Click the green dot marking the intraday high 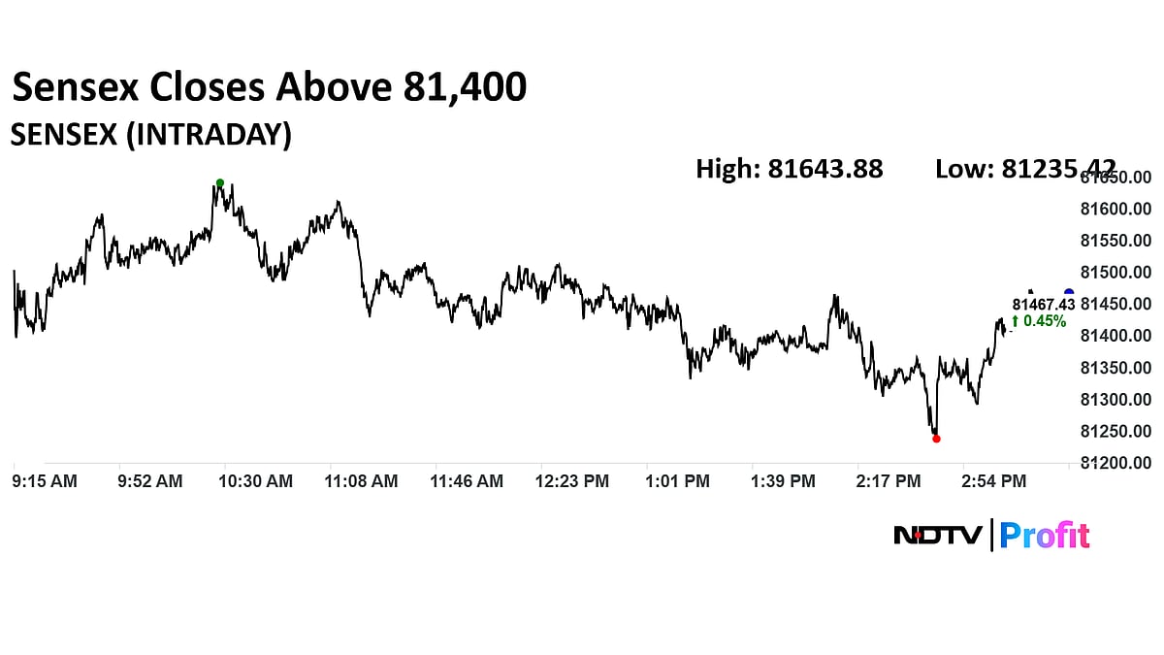click(220, 182)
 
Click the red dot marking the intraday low click(936, 439)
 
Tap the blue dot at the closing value click(1069, 293)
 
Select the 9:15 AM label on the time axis click(45, 480)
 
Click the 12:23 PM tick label click(573, 480)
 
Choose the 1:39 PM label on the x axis click(783, 480)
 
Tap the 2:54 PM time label click(993, 480)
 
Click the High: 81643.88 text click(790, 169)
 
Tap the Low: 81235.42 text click(1025, 169)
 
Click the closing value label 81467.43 click(1044, 304)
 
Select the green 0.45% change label click(1039, 321)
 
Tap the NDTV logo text click(938, 535)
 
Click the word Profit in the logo click(1045, 535)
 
